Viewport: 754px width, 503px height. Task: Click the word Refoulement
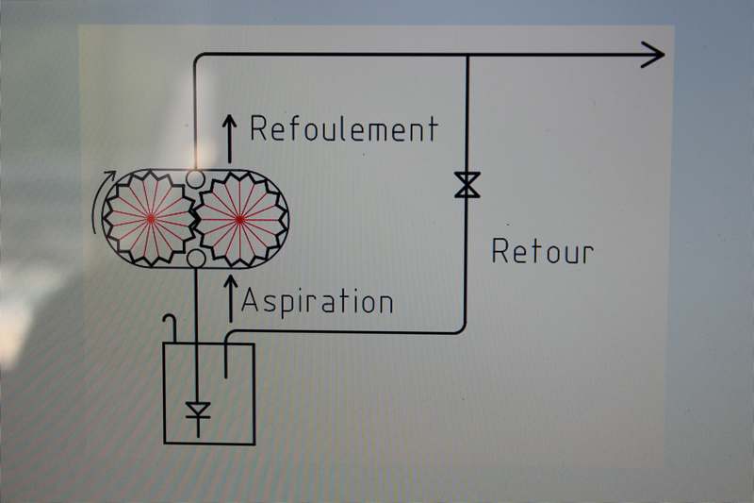(x=344, y=129)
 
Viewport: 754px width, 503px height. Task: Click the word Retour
(x=543, y=251)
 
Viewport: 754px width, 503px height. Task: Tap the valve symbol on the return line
(x=467, y=184)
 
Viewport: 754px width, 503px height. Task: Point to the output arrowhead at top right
(x=653, y=55)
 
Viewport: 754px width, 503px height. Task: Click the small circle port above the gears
(x=195, y=177)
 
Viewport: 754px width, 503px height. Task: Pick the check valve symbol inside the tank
(x=196, y=411)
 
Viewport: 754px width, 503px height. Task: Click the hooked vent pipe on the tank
(x=171, y=326)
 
